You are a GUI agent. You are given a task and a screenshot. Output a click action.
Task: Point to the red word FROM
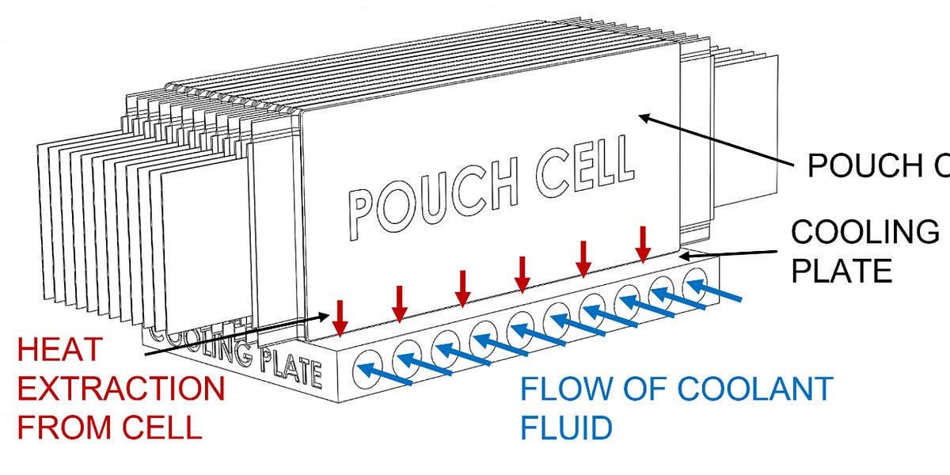pyautogui.click(x=66, y=427)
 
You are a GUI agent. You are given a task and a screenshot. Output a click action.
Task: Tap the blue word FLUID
pyautogui.click(x=566, y=427)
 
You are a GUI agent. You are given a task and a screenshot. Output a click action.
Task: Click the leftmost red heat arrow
pyautogui.click(x=340, y=317)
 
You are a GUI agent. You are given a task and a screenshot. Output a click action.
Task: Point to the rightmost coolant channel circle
pyautogui.click(x=695, y=281)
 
